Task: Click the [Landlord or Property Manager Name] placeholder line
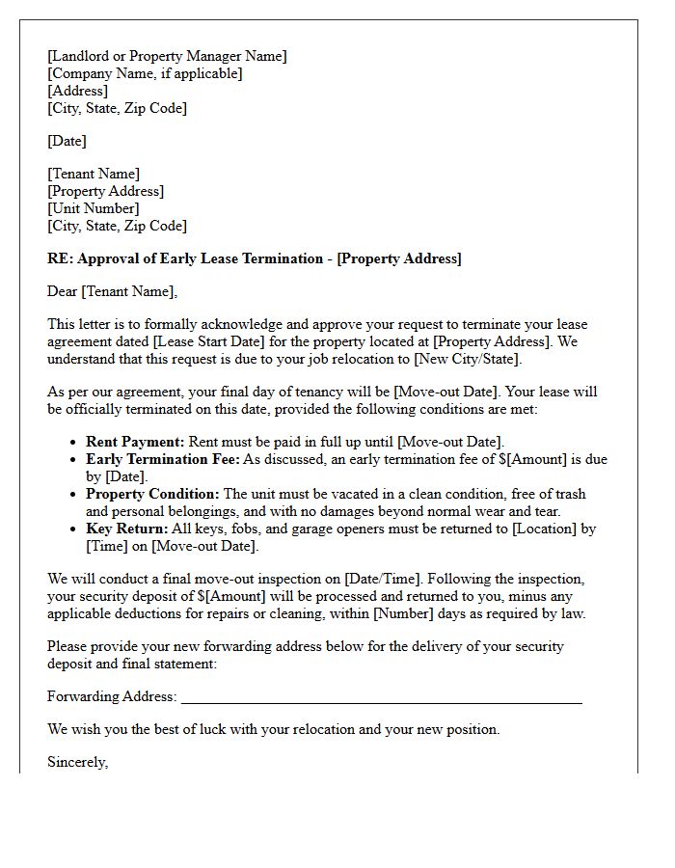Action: coord(167,56)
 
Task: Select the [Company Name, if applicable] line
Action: coord(145,73)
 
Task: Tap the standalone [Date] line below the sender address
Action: coord(67,141)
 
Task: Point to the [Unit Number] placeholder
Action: coord(94,208)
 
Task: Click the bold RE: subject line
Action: coord(255,258)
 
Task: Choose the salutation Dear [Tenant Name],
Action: coord(113,291)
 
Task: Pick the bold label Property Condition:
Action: coord(152,494)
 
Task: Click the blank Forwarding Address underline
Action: coord(381,698)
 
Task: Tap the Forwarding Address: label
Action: coord(112,696)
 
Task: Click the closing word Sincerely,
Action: coord(77,762)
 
